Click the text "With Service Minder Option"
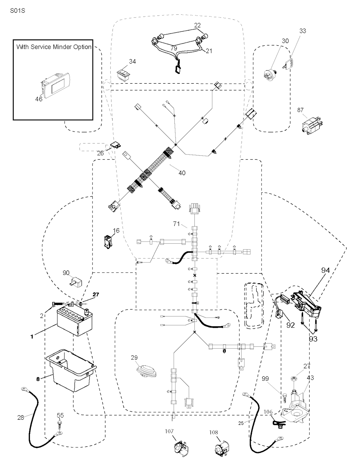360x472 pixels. coord(54,47)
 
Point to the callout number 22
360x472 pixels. coord(198,25)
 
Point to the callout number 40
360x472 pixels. coord(182,173)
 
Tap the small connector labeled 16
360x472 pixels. coord(107,242)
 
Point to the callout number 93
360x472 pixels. coord(313,339)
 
